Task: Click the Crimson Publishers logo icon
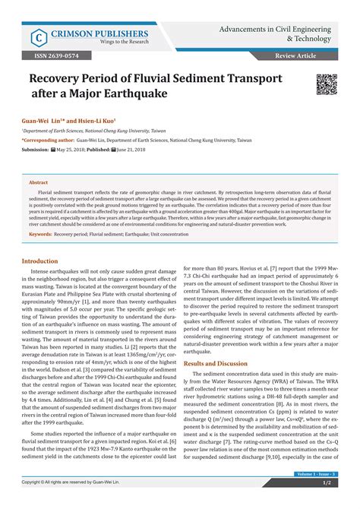click(x=36, y=36)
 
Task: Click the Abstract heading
click(x=39, y=183)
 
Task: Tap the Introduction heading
click(x=43, y=261)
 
